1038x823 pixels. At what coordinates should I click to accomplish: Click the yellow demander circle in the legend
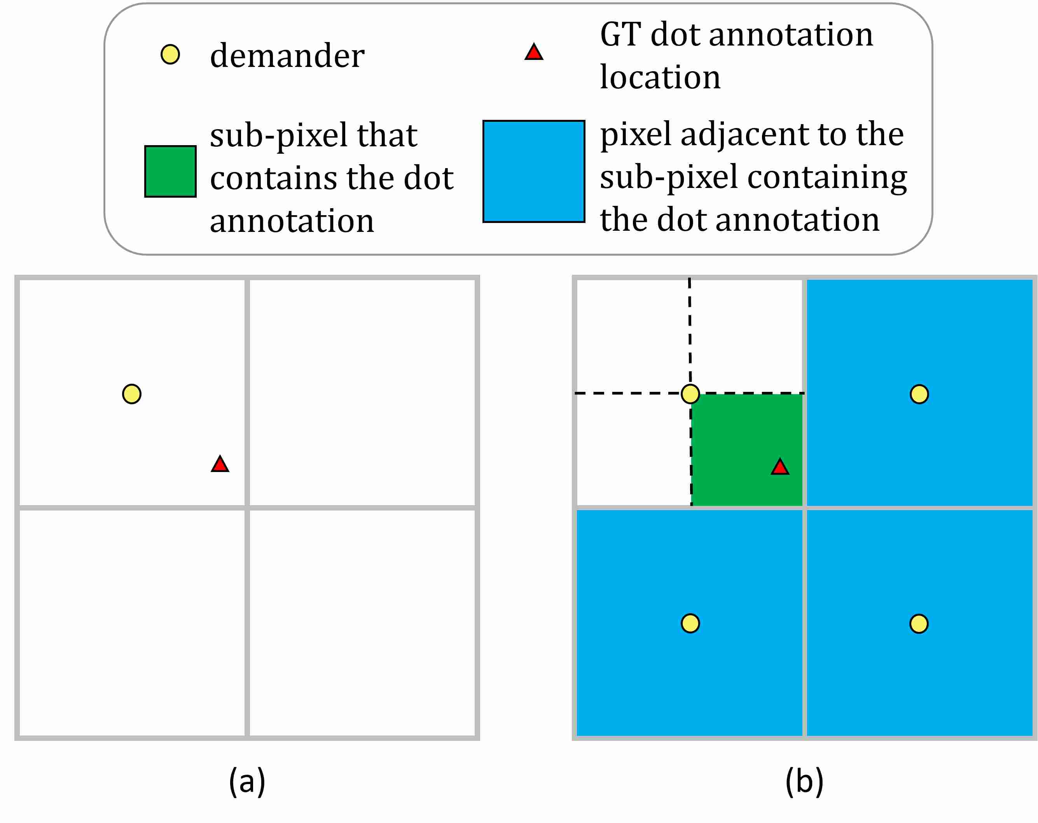point(170,54)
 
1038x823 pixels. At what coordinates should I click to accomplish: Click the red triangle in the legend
point(534,53)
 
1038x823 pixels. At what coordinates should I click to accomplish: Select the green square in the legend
point(170,172)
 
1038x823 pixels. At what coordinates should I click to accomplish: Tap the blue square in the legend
point(534,172)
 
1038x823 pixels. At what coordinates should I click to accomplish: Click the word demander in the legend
point(287,56)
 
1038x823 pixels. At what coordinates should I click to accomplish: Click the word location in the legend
point(660,77)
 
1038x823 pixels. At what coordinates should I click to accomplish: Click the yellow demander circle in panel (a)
point(131,394)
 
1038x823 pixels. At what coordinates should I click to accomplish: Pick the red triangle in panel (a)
point(220,465)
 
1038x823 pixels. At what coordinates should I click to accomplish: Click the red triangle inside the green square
point(780,467)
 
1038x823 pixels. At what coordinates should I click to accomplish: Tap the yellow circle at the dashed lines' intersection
point(690,394)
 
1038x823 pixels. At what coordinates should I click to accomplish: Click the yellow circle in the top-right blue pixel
point(919,394)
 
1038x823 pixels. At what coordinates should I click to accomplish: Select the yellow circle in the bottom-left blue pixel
point(690,623)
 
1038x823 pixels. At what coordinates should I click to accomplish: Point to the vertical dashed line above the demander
point(690,332)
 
